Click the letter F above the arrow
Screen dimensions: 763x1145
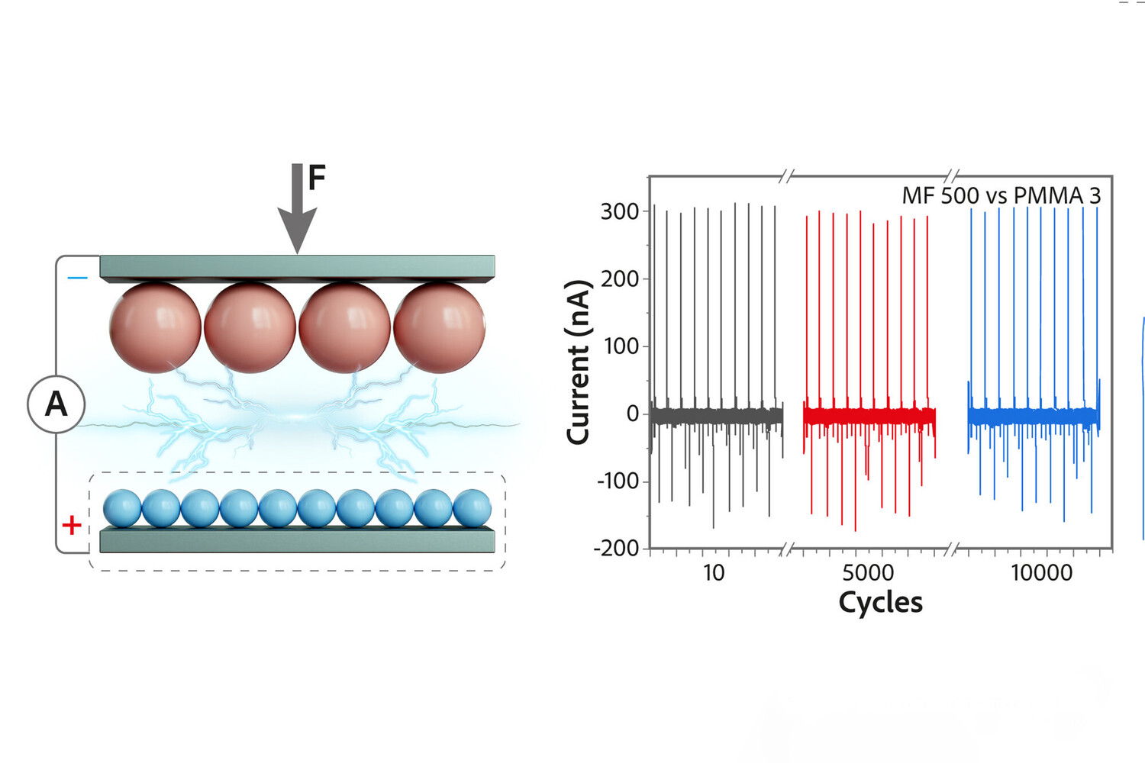317,178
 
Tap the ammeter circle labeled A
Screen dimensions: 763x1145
56,404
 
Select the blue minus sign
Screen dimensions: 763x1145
77,278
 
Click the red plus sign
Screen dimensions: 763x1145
72,525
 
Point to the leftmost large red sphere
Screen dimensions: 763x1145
155,327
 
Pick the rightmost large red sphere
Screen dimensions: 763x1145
440,327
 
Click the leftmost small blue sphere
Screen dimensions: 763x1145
122,509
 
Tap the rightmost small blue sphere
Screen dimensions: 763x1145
473,509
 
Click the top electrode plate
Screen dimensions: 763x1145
297,268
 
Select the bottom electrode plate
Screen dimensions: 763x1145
297,540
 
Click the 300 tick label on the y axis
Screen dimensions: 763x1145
619,211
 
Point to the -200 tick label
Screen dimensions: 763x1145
616,548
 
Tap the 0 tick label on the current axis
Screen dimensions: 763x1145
632,414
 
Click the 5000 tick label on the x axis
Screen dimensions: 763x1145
868,572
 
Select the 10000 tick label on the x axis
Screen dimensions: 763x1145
1041,572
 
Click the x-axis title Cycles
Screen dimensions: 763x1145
880,603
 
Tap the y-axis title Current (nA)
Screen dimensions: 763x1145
578,362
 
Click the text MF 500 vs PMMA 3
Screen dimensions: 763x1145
1001,196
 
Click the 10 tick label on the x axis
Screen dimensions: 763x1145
713,572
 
